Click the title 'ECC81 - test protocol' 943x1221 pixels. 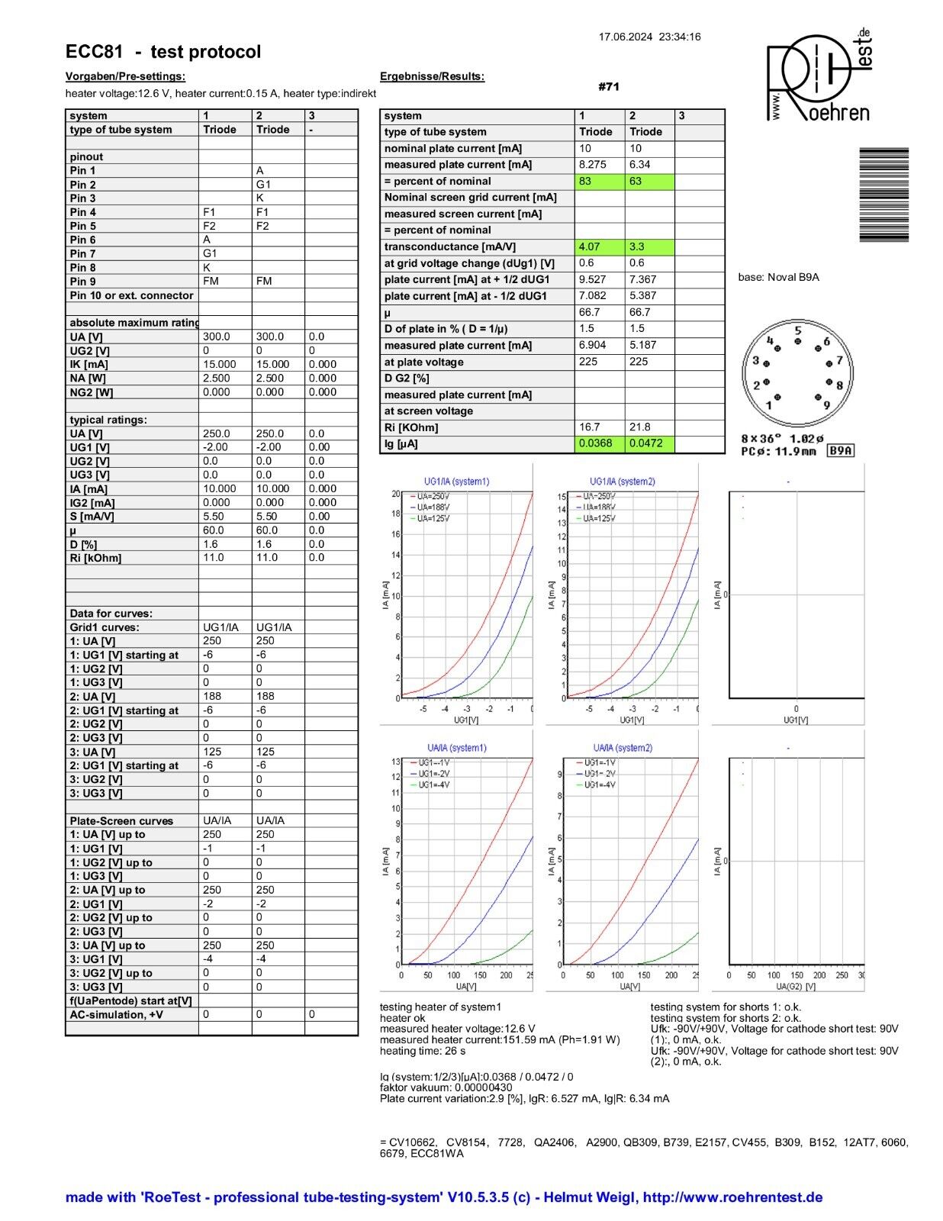click(x=163, y=52)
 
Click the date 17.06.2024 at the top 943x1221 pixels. click(x=626, y=37)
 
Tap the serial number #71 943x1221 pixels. click(x=609, y=87)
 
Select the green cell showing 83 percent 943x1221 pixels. click(x=586, y=182)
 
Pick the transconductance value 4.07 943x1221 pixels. click(x=590, y=247)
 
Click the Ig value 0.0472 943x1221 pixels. click(x=645, y=443)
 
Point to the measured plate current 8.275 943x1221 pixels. click(x=592, y=165)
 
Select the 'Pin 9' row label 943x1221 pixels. click(x=83, y=282)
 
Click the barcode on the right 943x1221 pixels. click(x=883, y=195)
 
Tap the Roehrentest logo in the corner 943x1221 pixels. click(x=818, y=77)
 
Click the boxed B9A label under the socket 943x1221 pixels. click(x=841, y=451)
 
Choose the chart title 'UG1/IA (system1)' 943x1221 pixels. click(x=456, y=482)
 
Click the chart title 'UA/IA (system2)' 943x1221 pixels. click(x=623, y=748)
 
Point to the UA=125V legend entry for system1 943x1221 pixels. click(x=433, y=519)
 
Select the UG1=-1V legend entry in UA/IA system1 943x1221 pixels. click(x=433, y=762)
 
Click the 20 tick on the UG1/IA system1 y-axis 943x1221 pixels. click(x=396, y=495)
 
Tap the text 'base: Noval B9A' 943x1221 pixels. click(x=778, y=278)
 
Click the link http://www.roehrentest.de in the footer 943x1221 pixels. click(x=732, y=1197)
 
